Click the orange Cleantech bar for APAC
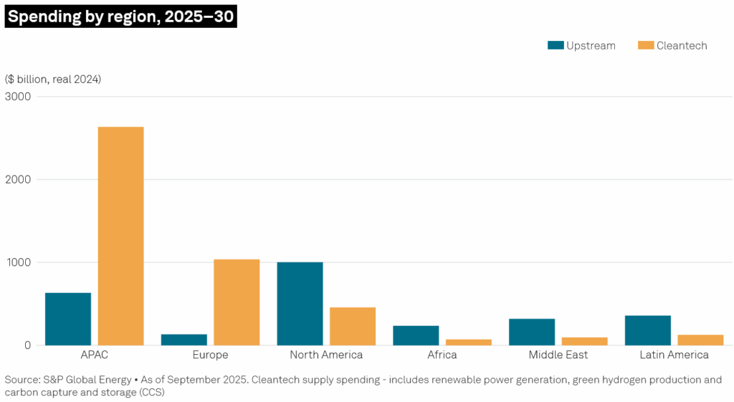(120, 236)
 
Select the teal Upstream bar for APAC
(68, 319)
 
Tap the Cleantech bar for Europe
(237, 302)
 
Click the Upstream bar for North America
(300, 303)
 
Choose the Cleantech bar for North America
(353, 326)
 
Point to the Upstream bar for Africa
(416, 335)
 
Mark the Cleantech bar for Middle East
(584, 341)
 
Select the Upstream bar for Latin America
(647, 330)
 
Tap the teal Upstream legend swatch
(555, 45)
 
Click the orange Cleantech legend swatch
(645, 45)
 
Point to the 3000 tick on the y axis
(18, 97)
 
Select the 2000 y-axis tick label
(18, 179)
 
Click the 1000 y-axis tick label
(18, 262)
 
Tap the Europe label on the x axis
(210, 355)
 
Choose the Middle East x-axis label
(558, 355)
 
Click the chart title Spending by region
(120, 16)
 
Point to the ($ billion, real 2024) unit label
(53, 79)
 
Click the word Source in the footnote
(22, 379)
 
